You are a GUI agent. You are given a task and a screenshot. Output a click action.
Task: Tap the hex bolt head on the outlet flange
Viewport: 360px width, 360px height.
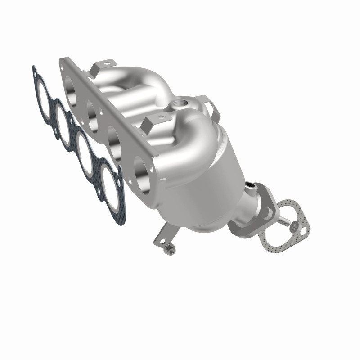(x=269, y=211)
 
